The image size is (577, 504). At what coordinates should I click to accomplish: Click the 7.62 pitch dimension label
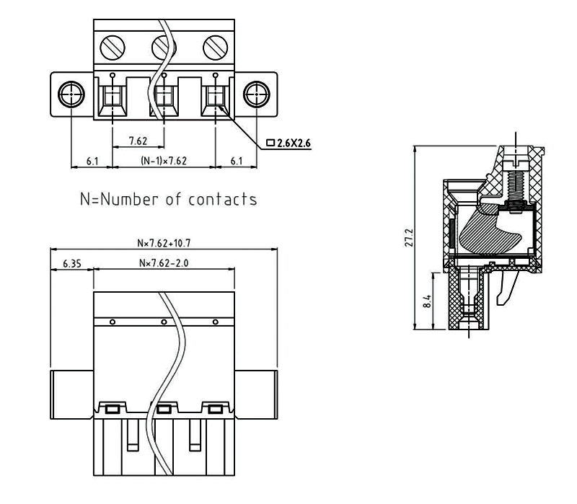[138, 140]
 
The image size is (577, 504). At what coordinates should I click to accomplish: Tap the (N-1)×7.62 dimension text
[164, 161]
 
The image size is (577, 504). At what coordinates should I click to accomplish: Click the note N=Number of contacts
[168, 199]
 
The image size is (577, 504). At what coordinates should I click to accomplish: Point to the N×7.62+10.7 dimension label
[163, 244]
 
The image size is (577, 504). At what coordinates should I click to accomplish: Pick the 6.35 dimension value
[71, 264]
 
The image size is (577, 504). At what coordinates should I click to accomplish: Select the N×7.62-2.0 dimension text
[164, 264]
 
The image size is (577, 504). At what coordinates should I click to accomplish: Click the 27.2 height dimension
[409, 238]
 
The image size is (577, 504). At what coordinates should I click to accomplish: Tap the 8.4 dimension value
[427, 301]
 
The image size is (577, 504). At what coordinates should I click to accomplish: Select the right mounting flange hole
[256, 94]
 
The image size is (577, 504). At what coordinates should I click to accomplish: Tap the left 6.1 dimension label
[92, 161]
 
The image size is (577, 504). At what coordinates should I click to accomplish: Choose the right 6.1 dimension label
[237, 161]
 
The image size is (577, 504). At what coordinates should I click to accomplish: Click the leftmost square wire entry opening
[113, 97]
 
